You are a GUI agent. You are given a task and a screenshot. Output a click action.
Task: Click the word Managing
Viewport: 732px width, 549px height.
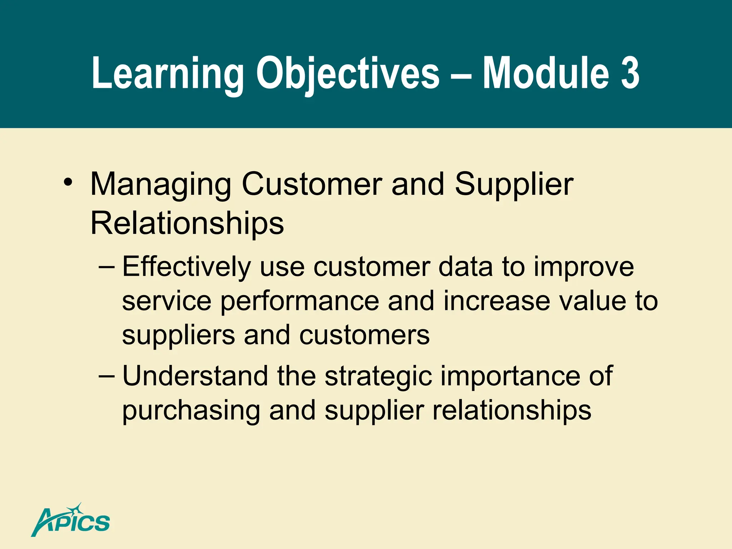(161, 184)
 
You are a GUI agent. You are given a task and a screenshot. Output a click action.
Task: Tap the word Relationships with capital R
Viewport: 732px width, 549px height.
(187, 223)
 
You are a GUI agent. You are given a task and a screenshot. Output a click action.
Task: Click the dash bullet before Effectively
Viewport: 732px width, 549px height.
(107, 267)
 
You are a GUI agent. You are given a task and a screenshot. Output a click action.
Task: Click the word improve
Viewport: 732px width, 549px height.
(584, 267)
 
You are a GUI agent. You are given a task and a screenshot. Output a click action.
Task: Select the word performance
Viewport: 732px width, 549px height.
(300, 302)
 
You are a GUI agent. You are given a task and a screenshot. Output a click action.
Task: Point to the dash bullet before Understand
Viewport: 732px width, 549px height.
(107, 376)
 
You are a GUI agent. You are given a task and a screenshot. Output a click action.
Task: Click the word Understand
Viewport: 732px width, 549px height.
(195, 376)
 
